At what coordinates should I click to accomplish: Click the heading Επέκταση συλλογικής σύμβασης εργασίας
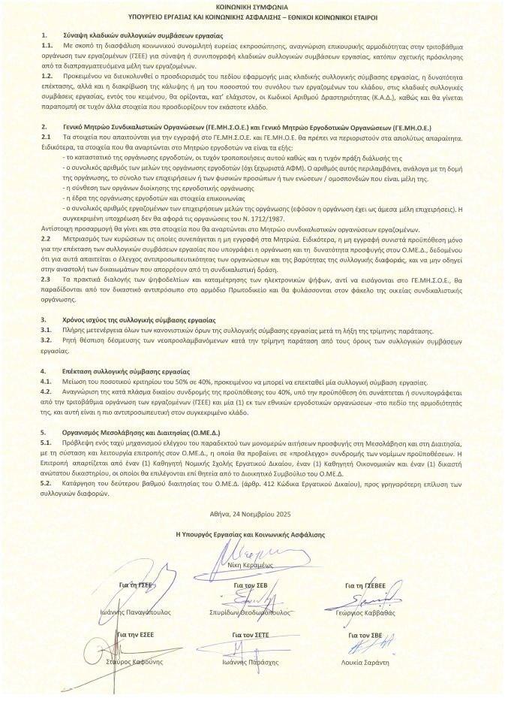[x=127, y=370]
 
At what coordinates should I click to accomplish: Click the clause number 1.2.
[x=47, y=76]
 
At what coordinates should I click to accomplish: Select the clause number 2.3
[x=47, y=278]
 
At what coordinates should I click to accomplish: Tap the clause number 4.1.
[x=47, y=381]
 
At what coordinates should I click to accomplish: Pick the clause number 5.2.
[x=47, y=484]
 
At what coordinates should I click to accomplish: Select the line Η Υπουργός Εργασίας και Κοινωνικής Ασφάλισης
[x=260, y=533]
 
